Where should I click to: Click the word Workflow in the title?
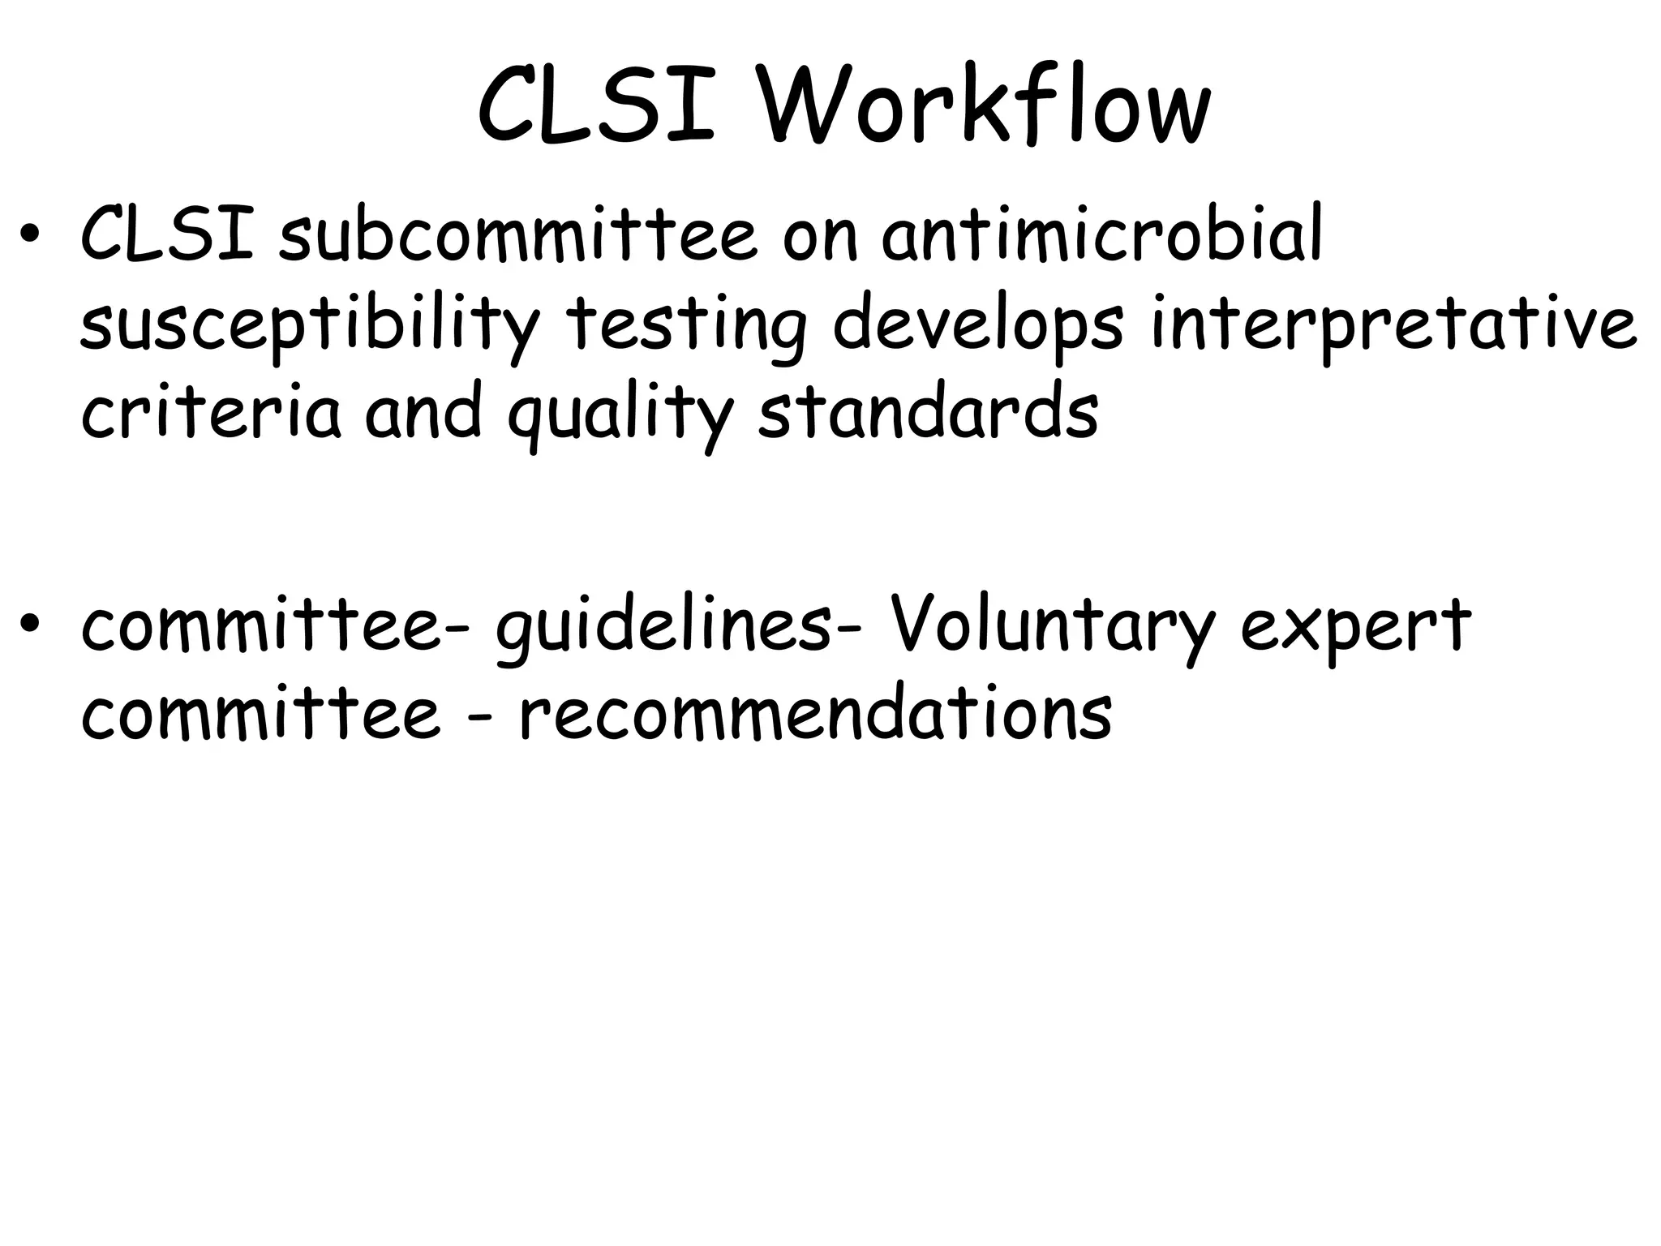(x=985, y=107)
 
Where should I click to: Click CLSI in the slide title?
(x=596, y=107)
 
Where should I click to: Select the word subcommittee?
(x=517, y=235)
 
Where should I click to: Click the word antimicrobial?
(x=1102, y=235)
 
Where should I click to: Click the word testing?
(x=686, y=326)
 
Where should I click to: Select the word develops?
(x=978, y=326)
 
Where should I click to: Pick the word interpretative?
(x=1393, y=326)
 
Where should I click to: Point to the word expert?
(x=1354, y=629)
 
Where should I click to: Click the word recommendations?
(x=815, y=713)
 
